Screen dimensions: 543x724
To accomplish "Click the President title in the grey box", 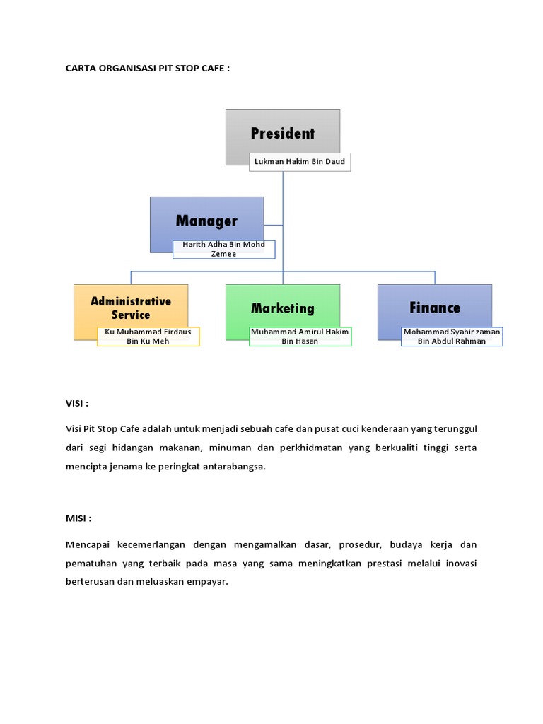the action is [x=283, y=133].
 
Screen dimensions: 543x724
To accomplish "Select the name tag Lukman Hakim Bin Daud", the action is [x=300, y=162].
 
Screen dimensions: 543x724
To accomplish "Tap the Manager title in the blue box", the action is [x=206, y=221].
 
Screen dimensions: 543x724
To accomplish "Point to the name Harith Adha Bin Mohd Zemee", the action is [x=223, y=249].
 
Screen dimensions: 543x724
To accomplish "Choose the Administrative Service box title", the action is [x=131, y=308].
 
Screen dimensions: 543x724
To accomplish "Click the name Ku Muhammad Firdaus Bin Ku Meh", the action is [x=148, y=337].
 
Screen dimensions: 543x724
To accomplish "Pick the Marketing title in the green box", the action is [x=283, y=308].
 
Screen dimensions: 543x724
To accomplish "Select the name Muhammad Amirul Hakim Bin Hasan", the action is [x=300, y=337].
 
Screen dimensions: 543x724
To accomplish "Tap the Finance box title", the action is [x=435, y=308].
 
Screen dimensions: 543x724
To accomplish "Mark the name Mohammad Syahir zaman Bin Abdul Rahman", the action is [x=452, y=337].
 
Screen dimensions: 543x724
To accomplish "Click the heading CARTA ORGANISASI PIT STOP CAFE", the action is [x=148, y=69].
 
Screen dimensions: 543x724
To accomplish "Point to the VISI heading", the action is [x=77, y=403].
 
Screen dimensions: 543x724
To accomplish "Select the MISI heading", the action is [x=78, y=518].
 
